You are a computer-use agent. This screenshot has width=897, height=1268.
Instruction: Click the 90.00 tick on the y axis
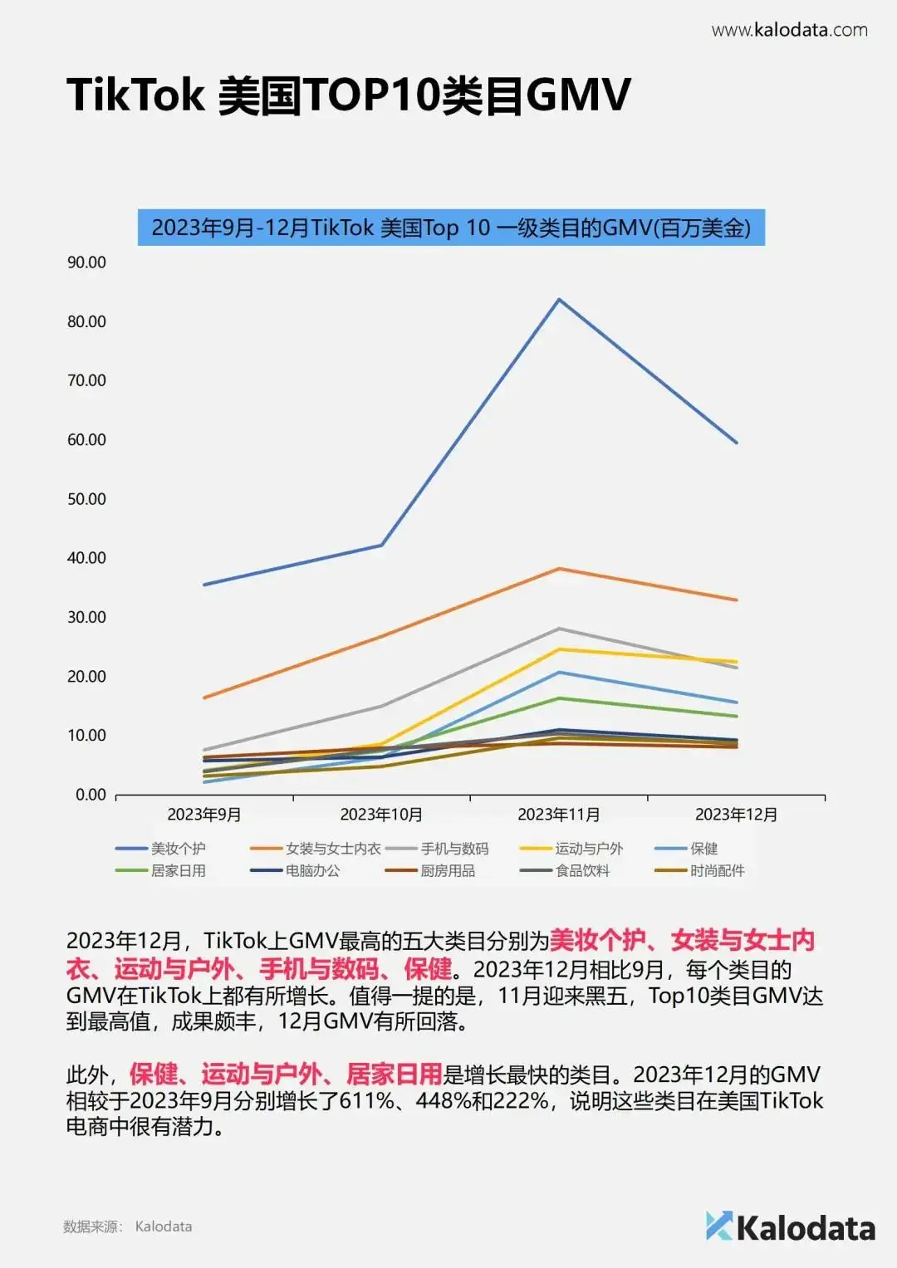(x=86, y=262)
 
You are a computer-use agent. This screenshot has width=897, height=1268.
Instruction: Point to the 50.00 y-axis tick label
(x=86, y=499)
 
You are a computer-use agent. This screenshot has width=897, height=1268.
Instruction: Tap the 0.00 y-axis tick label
(x=91, y=795)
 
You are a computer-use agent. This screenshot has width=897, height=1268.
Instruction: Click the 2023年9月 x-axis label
(x=204, y=815)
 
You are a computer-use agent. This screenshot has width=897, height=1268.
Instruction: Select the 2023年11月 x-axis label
(x=559, y=815)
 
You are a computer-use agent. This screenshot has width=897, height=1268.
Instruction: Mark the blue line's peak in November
(x=559, y=299)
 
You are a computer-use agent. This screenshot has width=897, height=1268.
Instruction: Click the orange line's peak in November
(x=559, y=569)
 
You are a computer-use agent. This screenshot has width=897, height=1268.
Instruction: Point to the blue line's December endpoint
(x=736, y=443)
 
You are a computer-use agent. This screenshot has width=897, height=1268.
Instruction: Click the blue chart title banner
(x=451, y=228)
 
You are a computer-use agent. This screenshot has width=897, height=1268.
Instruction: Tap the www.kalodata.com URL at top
(x=789, y=31)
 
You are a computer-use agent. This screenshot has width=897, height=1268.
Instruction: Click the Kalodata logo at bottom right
(x=791, y=1227)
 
